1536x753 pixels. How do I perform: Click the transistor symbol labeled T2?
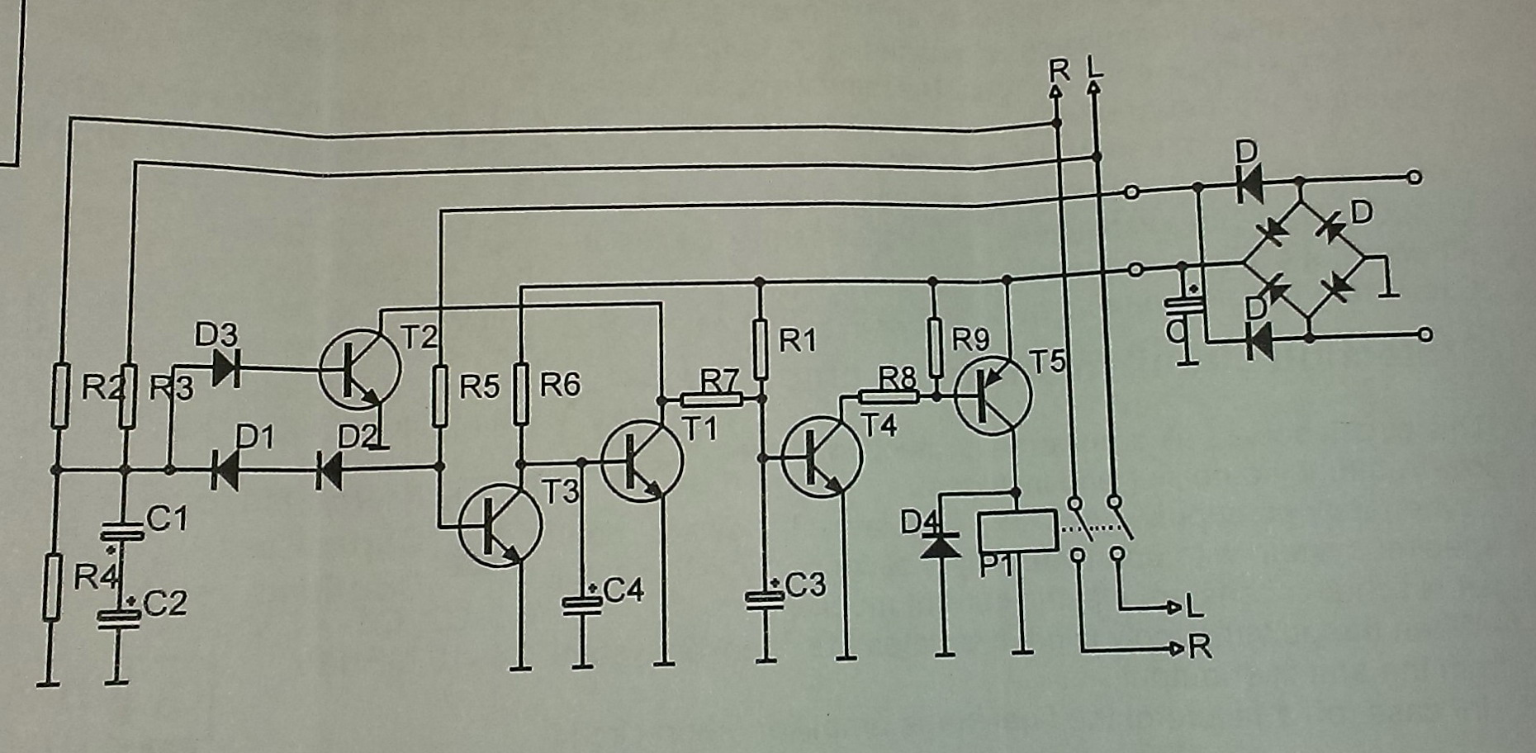tap(360, 368)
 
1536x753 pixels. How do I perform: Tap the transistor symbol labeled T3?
tap(500, 526)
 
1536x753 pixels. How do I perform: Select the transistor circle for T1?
tap(642, 461)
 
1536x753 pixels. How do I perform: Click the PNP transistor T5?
tap(993, 395)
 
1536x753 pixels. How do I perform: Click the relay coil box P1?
tap(1017, 531)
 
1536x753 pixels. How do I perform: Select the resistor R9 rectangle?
tap(935, 348)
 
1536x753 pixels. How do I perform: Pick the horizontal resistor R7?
tap(711, 400)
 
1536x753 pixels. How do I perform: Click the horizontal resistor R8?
tap(889, 396)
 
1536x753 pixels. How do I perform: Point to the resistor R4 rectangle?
tap(52, 587)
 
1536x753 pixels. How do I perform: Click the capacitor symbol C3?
tap(765, 599)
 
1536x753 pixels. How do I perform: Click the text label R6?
tap(560, 385)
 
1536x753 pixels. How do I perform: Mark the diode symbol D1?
tap(224, 471)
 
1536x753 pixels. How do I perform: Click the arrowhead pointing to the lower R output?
tap(1178, 649)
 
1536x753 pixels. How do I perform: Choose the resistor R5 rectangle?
tap(440, 395)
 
